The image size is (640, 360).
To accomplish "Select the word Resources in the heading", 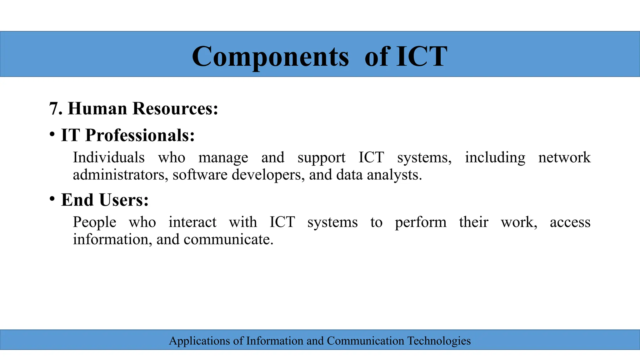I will (175, 109).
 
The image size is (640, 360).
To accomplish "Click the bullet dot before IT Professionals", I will (52, 134).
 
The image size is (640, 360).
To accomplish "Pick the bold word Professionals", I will (140, 135).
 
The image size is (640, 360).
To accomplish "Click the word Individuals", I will (109, 157).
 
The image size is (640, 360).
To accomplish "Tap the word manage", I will (223, 158).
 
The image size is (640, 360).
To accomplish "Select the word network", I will (564, 157).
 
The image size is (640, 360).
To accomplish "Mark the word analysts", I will (394, 175).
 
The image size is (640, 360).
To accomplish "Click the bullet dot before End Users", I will (52, 199).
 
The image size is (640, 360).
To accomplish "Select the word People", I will (94, 222).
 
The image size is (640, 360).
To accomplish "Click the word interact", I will (192, 222).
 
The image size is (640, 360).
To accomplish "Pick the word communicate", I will (228, 239).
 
